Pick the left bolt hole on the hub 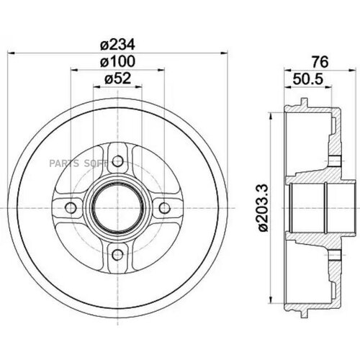click(71, 207)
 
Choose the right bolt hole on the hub click(164, 207)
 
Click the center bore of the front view click(117, 207)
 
